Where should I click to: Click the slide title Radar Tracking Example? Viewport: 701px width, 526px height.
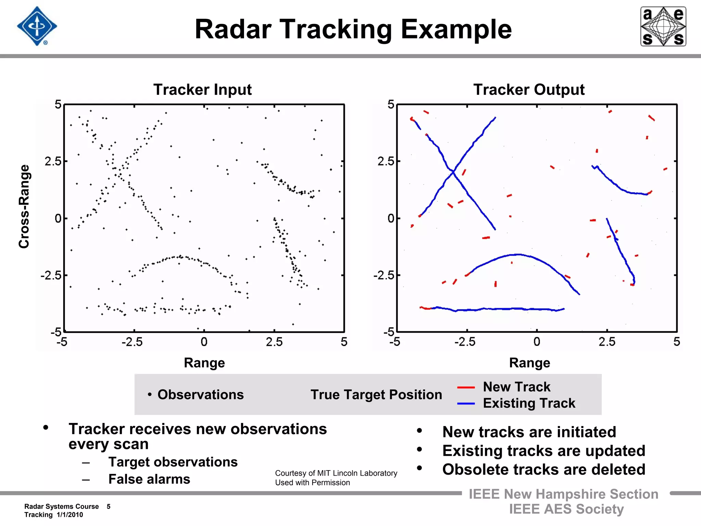tap(353, 29)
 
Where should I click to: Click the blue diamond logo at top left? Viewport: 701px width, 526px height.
tap(37, 26)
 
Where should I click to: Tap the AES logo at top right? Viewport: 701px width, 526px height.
tap(663, 26)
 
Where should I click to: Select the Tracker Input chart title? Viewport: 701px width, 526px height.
tap(202, 90)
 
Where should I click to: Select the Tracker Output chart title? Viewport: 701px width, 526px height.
tap(529, 90)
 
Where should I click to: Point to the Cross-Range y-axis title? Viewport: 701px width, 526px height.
tap(24, 206)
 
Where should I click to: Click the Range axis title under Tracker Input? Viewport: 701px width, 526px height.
tap(204, 363)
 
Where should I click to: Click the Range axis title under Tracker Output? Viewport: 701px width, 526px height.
tap(530, 363)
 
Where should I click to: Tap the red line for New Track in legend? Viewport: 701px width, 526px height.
tap(466, 387)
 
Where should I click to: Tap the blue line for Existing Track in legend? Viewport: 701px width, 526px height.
tap(466, 404)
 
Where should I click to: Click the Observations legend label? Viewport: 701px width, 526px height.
tap(201, 395)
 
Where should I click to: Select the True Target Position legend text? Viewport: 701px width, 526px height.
tap(376, 395)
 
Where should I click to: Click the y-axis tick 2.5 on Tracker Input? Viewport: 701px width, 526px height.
tap(53, 161)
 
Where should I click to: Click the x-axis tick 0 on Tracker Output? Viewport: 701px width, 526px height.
tap(537, 342)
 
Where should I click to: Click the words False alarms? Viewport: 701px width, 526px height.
tap(149, 479)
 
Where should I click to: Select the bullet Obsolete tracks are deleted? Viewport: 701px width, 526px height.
tap(544, 469)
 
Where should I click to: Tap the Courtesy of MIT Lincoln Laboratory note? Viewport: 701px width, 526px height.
tap(336, 473)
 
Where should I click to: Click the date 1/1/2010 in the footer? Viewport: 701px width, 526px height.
tap(70, 515)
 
